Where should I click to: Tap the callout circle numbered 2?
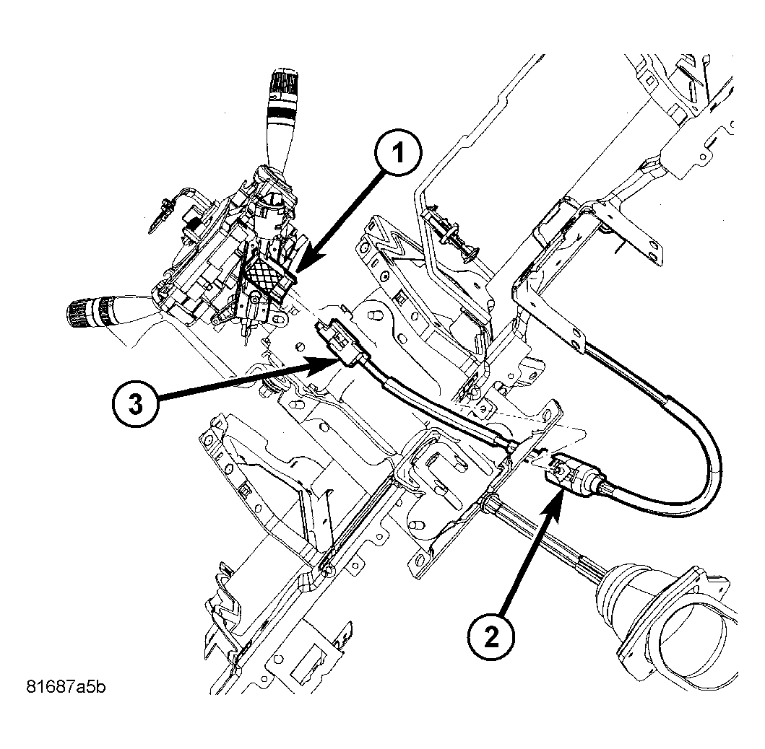point(491,636)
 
